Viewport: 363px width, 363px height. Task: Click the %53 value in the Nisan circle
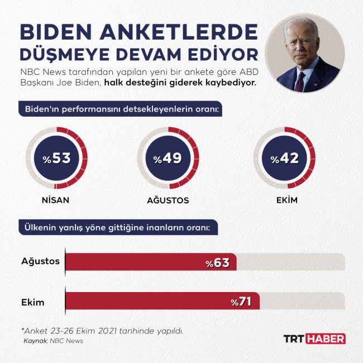click(57, 159)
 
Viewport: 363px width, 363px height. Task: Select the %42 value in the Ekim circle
click(284, 159)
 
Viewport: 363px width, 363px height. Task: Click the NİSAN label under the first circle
click(56, 200)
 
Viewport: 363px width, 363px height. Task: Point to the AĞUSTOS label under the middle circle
click(168, 200)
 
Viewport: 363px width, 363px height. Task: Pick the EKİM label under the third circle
click(284, 200)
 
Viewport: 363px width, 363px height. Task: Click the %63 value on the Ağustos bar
click(217, 262)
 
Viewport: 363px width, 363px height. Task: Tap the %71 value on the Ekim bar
click(241, 302)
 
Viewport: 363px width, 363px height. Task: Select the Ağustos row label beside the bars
click(40, 261)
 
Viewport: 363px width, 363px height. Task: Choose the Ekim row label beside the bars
click(33, 302)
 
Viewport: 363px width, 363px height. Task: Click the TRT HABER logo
click(314, 338)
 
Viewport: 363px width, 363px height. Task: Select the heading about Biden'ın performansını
click(121, 108)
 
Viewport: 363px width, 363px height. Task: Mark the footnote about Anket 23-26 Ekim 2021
click(102, 331)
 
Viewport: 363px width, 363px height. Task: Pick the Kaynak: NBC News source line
click(53, 340)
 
